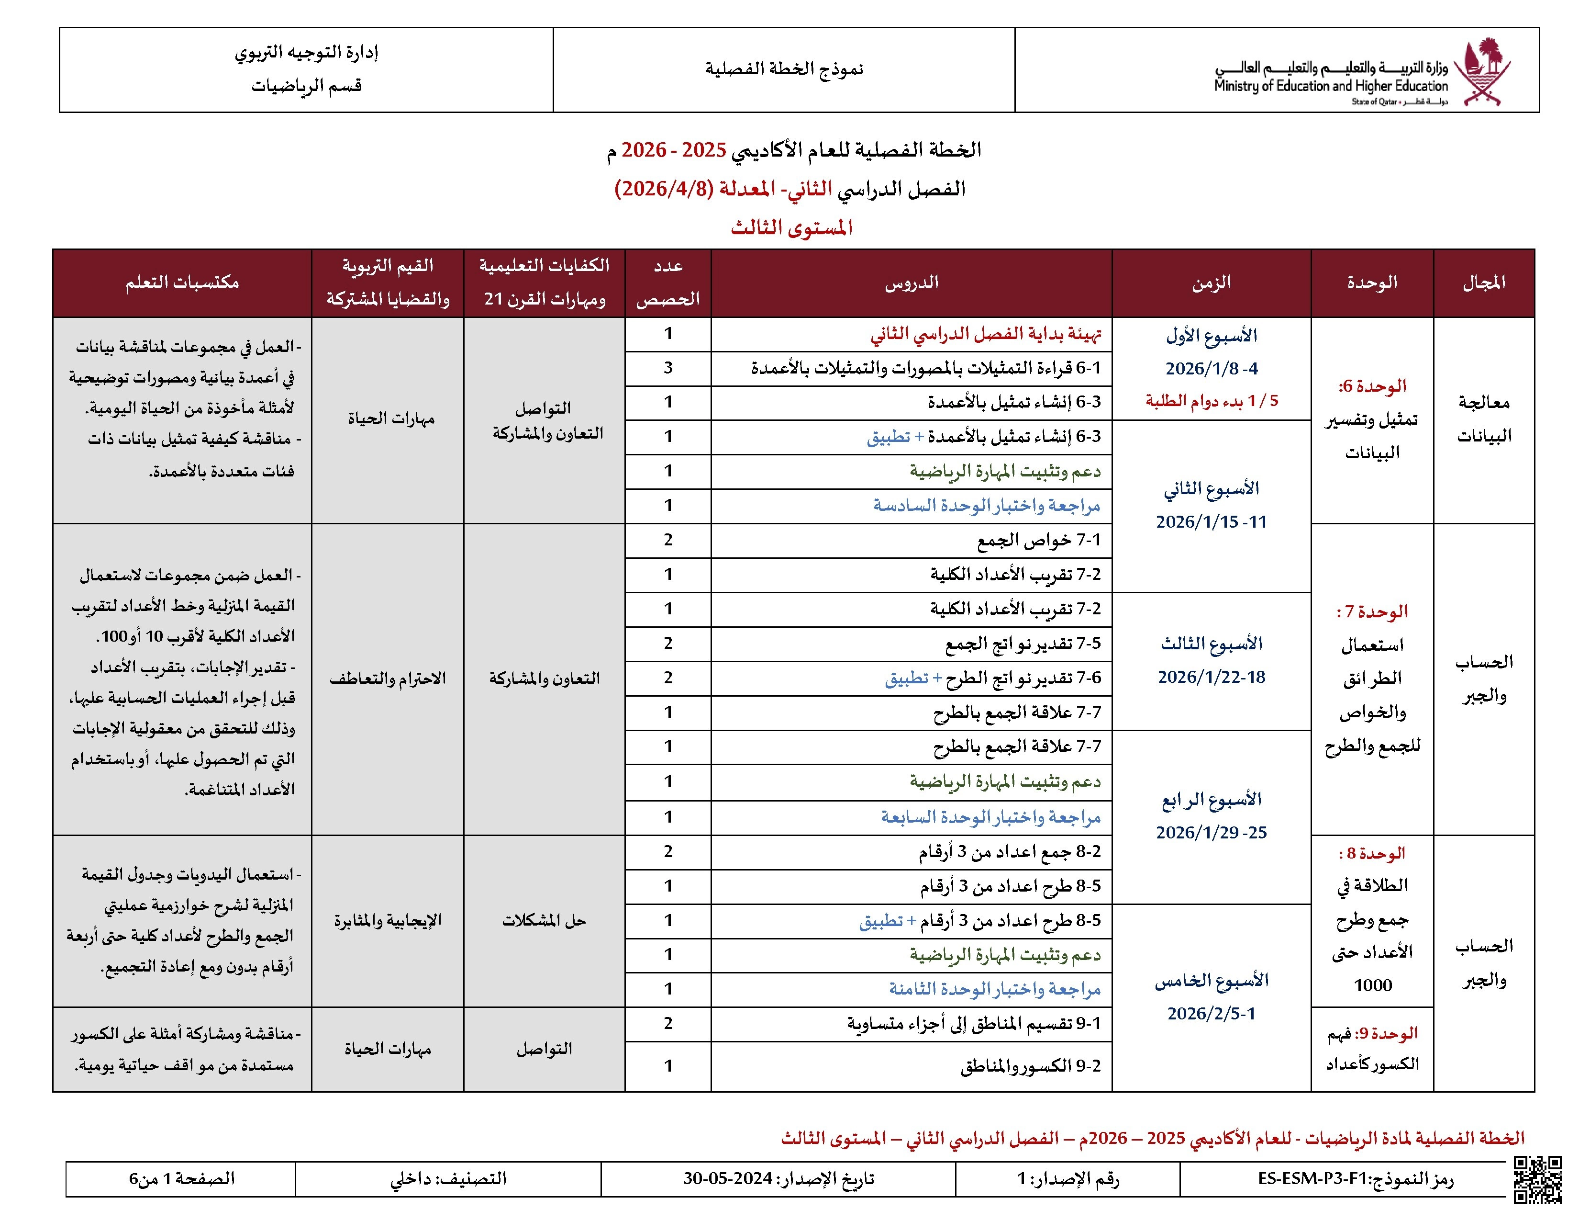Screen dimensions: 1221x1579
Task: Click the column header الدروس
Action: pyautogui.click(x=912, y=283)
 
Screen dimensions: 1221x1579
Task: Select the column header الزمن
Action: pyautogui.click(x=1211, y=283)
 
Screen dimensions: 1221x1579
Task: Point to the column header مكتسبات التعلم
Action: pyautogui.click(x=182, y=283)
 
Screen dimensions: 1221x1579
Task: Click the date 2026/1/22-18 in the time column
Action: pyautogui.click(x=1212, y=677)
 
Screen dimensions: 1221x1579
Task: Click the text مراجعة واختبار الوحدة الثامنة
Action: pyautogui.click(x=995, y=989)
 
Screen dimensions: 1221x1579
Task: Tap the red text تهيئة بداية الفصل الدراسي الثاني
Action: pyautogui.click(x=986, y=334)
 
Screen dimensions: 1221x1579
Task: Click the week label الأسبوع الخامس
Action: pyautogui.click(x=1212, y=981)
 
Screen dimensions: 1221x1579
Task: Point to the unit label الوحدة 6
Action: pyautogui.click(x=1371, y=386)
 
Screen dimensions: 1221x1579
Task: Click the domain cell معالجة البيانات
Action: pyautogui.click(x=1484, y=419)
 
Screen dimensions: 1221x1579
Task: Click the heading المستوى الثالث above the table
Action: pyautogui.click(x=792, y=228)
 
